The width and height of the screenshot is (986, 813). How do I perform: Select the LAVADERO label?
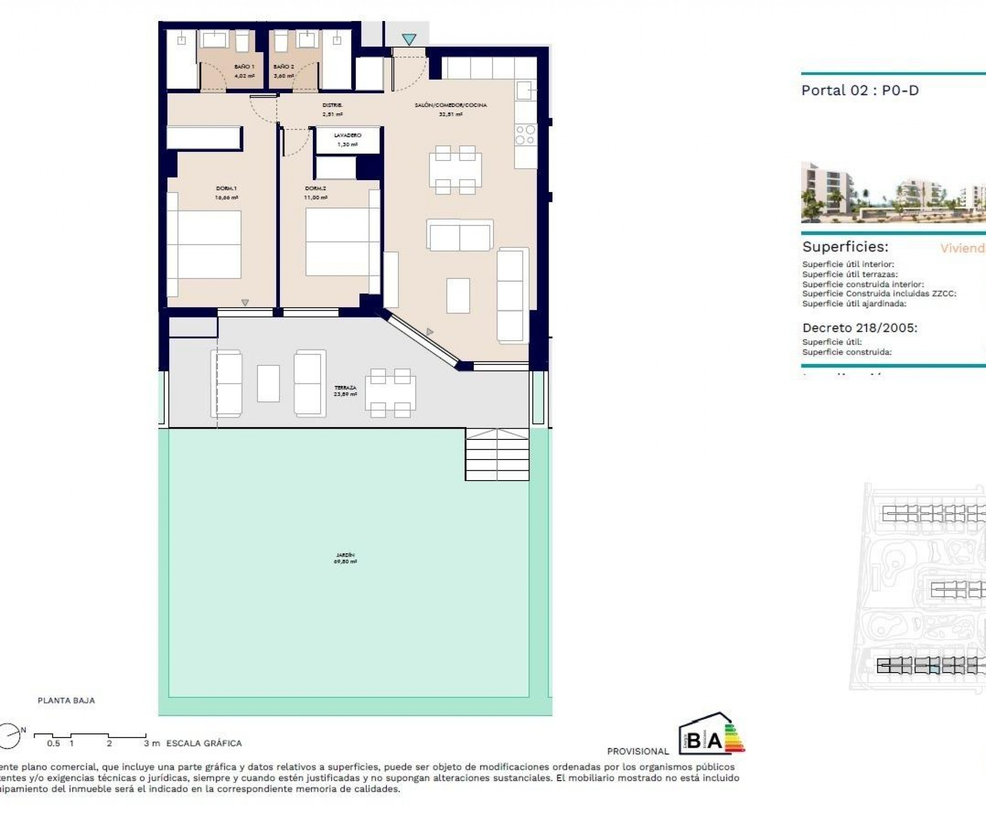pyautogui.click(x=347, y=135)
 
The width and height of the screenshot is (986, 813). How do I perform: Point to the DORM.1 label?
pyautogui.click(x=226, y=188)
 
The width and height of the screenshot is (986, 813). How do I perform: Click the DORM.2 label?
pyautogui.click(x=315, y=188)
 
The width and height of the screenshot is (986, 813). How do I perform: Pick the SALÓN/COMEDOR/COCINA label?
pyautogui.click(x=451, y=105)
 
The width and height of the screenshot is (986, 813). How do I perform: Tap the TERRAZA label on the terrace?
pyautogui.click(x=345, y=388)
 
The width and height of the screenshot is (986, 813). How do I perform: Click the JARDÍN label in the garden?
pyautogui.click(x=345, y=555)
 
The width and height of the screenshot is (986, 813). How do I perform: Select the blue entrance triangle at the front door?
pyautogui.click(x=409, y=40)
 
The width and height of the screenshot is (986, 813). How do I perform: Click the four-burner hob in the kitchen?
pyautogui.click(x=525, y=134)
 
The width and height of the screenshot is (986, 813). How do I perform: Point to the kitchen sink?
pyautogui.click(x=525, y=89)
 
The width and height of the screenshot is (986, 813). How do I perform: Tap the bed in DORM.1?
pyautogui.click(x=209, y=244)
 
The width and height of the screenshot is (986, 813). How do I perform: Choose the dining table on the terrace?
pyautogui.click(x=390, y=393)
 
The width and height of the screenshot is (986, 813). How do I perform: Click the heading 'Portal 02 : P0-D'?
pyautogui.click(x=860, y=90)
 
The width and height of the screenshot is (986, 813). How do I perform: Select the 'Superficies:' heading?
pyautogui.click(x=845, y=247)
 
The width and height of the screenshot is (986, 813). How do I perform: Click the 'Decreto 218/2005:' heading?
pyautogui.click(x=859, y=328)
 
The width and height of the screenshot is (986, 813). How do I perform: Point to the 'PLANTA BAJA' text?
pyautogui.click(x=66, y=700)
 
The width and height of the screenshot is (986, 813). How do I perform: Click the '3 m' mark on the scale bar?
pyautogui.click(x=151, y=743)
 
